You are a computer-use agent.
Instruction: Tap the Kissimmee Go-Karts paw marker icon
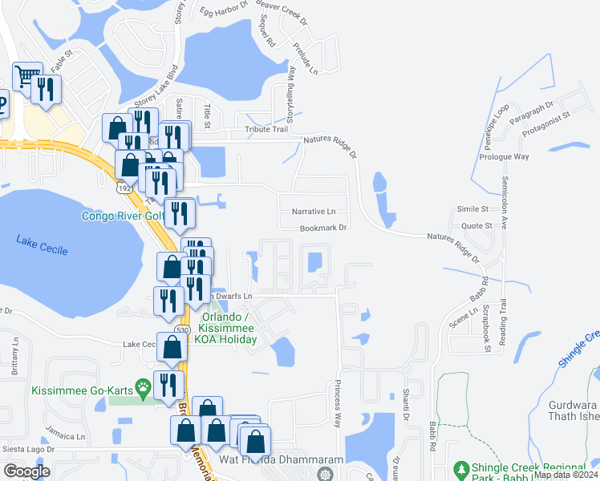coord(144,390)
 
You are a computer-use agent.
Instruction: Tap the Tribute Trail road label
coord(266,129)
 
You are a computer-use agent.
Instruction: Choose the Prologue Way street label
coord(504,156)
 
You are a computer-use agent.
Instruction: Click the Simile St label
coord(473,208)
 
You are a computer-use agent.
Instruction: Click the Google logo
coord(26,471)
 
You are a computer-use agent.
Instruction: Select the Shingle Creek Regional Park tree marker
coord(460,467)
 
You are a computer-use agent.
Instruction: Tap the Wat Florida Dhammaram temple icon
coord(325,474)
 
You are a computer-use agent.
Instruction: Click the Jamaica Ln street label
coord(69,437)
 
